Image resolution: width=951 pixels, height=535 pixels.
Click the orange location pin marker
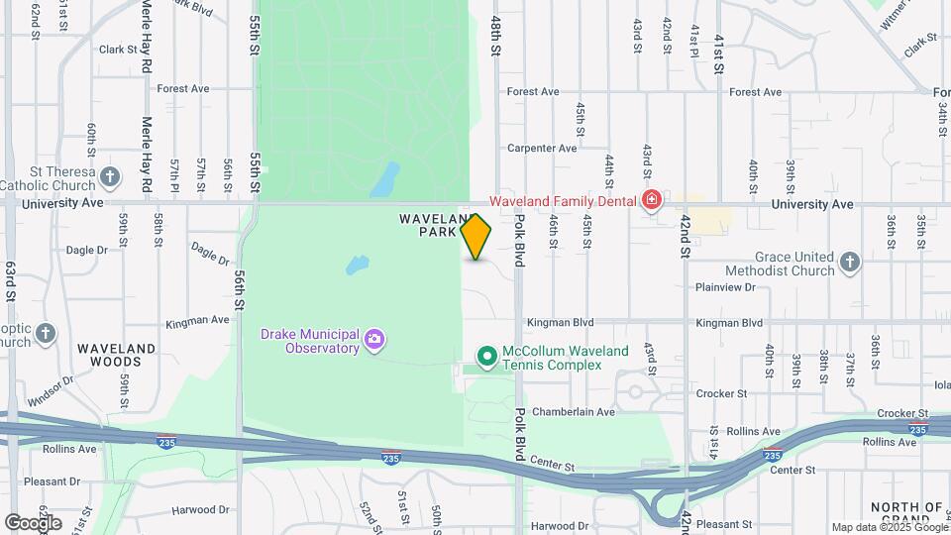[476, 236]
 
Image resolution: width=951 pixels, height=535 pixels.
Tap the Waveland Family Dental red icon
[651, 201]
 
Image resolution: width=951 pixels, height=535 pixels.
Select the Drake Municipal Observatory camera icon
[373, 340]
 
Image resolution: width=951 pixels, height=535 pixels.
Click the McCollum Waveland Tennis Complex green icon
[486, 356]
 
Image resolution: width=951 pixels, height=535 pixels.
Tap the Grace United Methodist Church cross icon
[849, 263]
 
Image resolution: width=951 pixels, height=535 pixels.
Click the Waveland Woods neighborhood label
[117, 355]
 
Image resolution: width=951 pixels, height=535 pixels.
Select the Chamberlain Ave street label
[574, 411]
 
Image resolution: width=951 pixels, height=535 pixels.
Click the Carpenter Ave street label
[541, 149]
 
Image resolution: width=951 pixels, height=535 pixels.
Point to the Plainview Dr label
[725, 287]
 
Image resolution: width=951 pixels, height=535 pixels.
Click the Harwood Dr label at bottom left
[199, 510]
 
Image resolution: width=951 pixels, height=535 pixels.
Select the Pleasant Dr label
[52, 481]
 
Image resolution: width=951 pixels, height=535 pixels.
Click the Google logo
[33, 521]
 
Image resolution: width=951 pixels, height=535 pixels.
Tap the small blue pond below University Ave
[358, 266]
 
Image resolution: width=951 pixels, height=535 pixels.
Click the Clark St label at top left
[117, 49]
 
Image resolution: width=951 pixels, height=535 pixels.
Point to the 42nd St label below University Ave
[685, 239]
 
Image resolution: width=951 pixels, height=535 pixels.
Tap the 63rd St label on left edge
[11, 281]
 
